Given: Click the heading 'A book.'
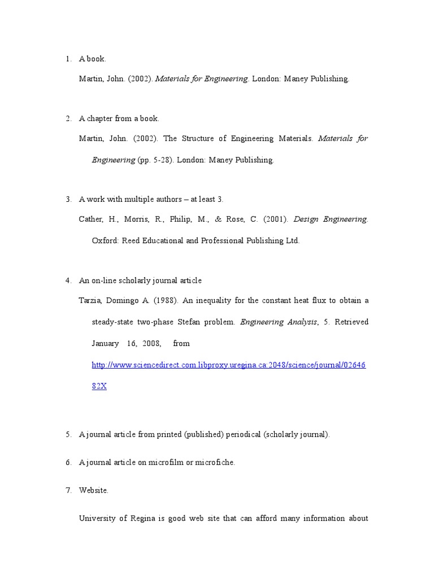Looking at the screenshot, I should coord(92,59).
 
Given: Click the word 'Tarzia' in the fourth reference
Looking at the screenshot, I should coord(90,300).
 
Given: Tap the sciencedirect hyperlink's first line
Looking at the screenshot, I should coord(229,365).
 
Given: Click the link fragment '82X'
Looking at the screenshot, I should coord(99,387).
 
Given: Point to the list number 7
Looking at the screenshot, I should coord(68,490).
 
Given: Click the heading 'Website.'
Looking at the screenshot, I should coord(94,490).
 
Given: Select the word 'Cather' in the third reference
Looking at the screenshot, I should coord(90,219).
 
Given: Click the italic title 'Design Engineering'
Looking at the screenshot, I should coord(331,219).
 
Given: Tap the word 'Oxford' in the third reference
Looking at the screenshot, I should coord(104,241).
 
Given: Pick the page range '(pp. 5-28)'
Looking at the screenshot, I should coord(155,160).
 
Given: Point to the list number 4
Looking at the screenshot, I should coord(68,280).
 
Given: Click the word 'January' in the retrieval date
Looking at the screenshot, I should coord(105,344).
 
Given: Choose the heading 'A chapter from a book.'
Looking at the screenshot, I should coord(119,119).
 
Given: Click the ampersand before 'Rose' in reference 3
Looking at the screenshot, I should coord(218,219).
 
